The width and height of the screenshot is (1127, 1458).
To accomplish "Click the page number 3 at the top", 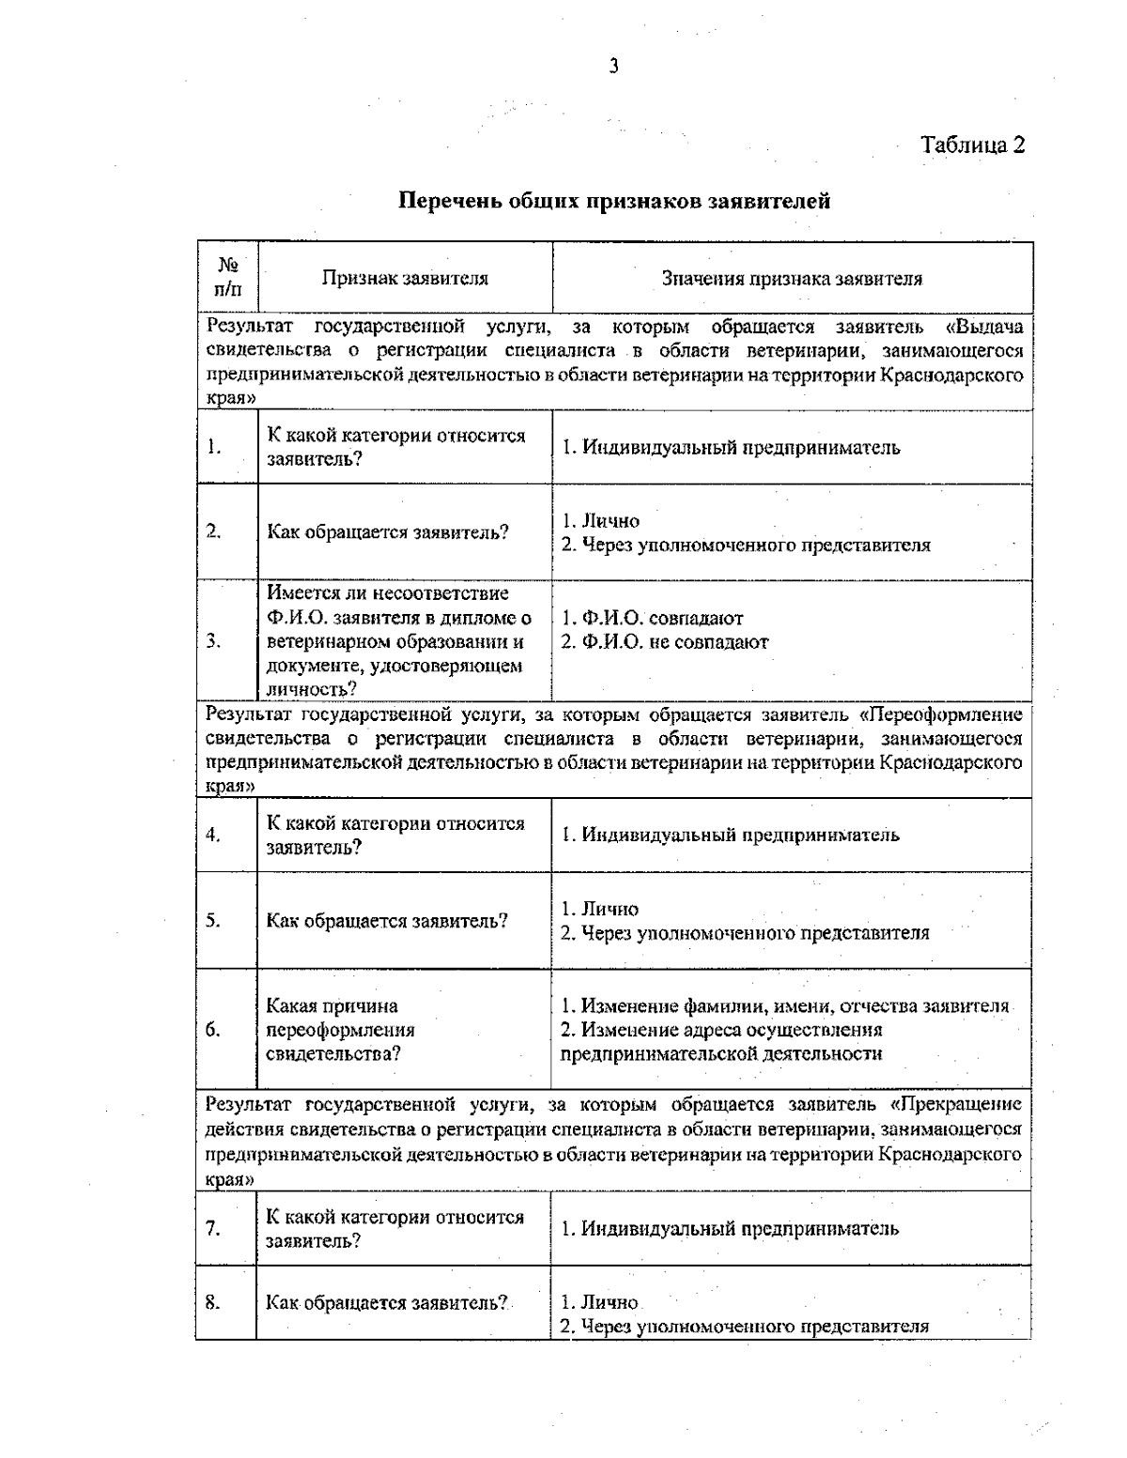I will point(613,66).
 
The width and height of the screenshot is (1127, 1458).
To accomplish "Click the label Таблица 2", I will point(972,145).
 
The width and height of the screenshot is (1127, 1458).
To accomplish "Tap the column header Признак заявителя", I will point(405,278).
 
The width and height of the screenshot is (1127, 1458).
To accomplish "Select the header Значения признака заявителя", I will point(792,278).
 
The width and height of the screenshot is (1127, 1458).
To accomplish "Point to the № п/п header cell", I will point(227,278).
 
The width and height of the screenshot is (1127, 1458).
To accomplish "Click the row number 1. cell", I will point(215,447).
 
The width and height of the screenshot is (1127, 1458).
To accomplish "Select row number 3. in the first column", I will point(214,641).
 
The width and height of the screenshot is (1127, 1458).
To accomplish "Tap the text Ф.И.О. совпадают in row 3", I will point(653,619).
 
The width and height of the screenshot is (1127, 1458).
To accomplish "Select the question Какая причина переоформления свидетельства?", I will point(340,1030).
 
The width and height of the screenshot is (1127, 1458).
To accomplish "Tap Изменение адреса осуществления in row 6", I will point(721,1030).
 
